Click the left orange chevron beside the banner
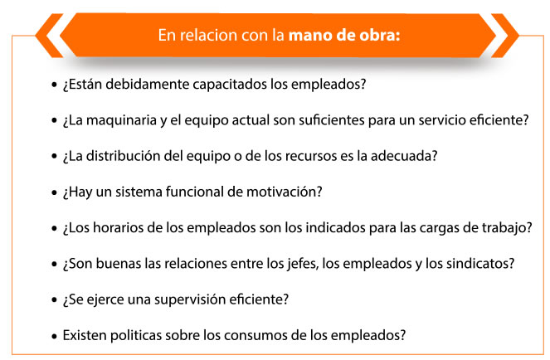49,36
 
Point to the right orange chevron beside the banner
505,36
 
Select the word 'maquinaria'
121,120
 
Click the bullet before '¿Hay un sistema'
54,192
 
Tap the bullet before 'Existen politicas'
54,337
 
